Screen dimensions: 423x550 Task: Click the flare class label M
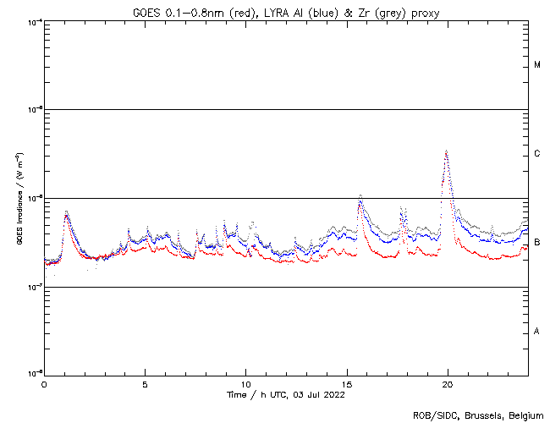[537, 65]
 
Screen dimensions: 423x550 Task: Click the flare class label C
[537, 154]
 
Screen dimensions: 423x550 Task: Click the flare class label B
[537, 243]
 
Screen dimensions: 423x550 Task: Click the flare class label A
[537, 332]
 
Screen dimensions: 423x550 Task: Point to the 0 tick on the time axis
[44, 383]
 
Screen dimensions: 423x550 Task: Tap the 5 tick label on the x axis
[145, 383]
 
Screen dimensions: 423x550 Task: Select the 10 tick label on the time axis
[245, 383]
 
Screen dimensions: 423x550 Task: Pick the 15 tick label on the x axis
[347, 383]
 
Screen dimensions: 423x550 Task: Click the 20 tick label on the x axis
[448, 383]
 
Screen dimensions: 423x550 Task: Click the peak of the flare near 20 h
[446, 151]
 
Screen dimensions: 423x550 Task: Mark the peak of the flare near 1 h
[66, 212]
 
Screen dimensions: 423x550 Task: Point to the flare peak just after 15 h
[360, 195]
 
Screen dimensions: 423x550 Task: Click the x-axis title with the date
[286, 394]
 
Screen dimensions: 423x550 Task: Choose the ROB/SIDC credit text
[435, 415]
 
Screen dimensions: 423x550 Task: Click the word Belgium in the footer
[526, 415]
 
